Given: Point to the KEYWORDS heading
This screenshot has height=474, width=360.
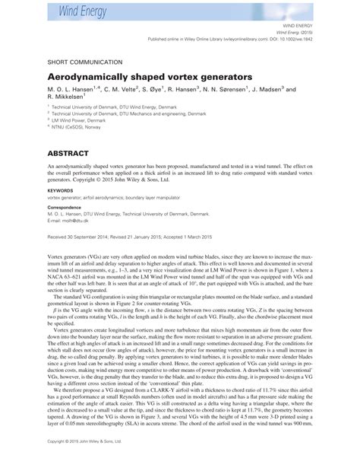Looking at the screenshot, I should pyautogui.click(x=62, y=192).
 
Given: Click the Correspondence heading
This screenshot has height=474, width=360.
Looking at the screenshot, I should pyautogui.click(x=69, y=207).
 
